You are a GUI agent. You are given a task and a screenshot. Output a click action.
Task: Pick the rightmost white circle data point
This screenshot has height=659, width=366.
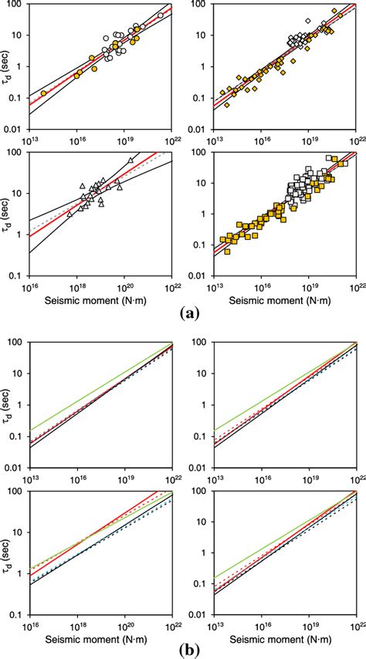[160, 15]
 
